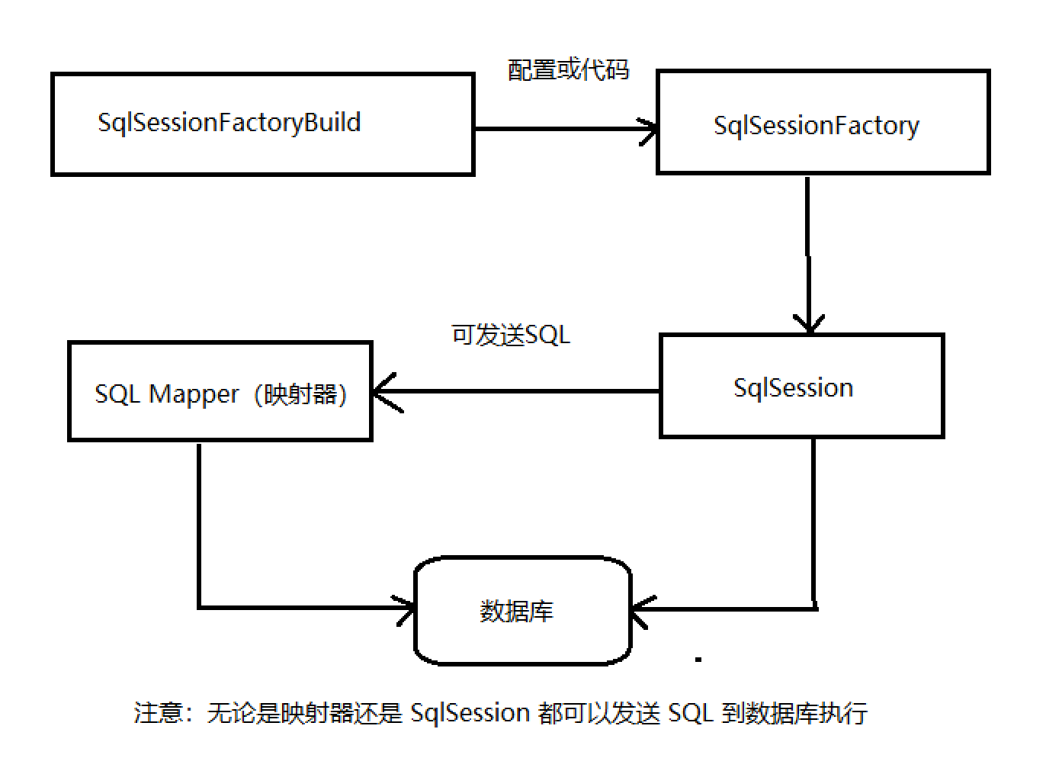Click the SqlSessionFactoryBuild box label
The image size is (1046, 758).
(229, 123)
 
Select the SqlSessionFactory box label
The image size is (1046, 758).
(816, 126)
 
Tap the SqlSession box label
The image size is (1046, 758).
(793, 388)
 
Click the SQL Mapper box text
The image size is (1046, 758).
(220, 394)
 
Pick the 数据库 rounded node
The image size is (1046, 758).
(522, 611)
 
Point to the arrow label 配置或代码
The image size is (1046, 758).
(568, 70)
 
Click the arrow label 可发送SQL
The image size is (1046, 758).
(511, 335)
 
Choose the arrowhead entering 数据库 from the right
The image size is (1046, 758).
(640, 609)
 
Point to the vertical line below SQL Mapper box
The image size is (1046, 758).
(199, 526)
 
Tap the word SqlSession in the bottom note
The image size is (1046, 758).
(470, 712)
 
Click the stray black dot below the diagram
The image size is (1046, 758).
(698, 659)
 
